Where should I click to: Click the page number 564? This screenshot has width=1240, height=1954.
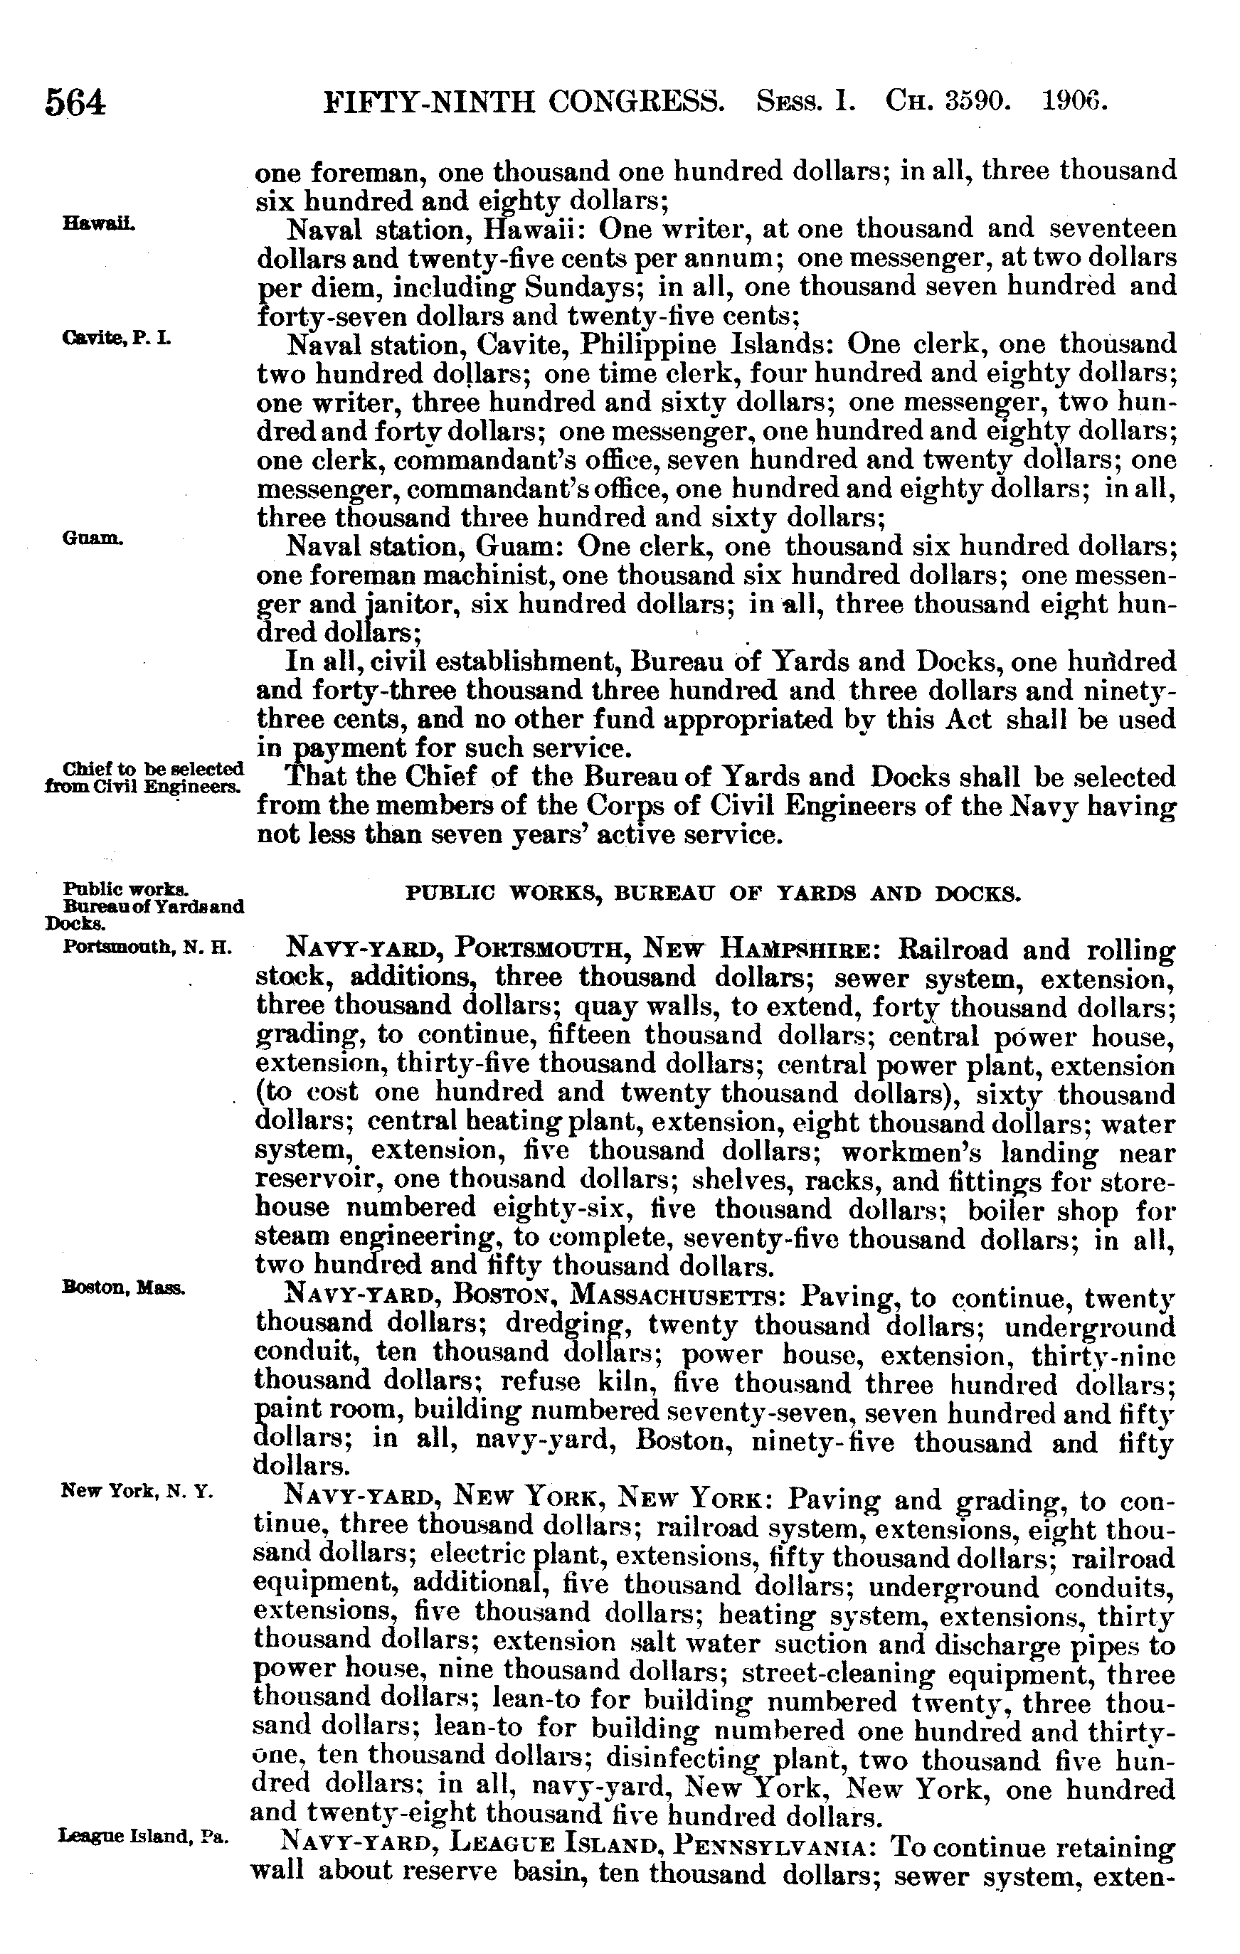[x=75, y=104]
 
